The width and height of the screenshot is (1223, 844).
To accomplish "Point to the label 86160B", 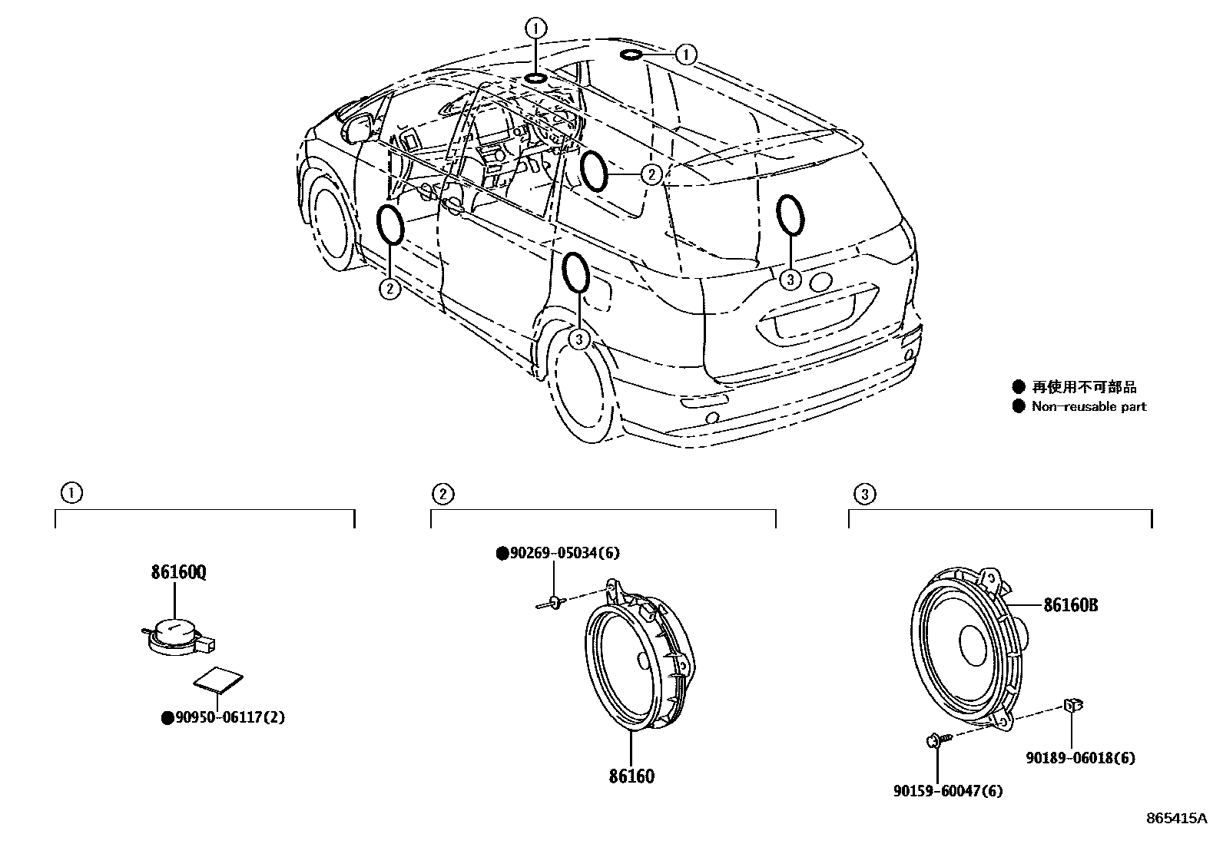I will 1070,605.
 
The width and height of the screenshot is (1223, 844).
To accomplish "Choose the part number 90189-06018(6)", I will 1081,758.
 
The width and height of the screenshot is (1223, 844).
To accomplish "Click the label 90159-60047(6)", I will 948,791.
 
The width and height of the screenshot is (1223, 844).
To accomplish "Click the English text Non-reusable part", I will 1089,407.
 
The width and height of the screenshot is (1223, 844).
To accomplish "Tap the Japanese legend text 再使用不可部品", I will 1084,388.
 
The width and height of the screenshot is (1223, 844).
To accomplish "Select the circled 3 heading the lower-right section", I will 864,495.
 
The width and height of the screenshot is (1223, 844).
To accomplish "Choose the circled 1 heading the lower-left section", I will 71,493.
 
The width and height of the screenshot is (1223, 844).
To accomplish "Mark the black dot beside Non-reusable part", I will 1019,407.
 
